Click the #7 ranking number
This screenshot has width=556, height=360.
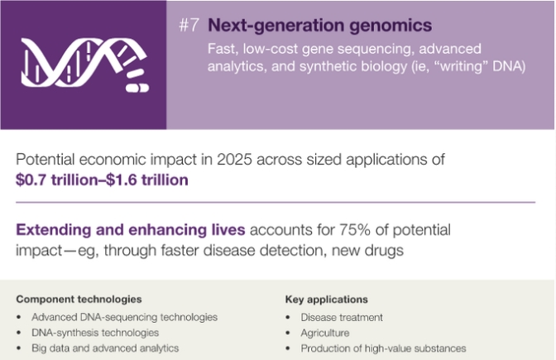tap(189, 25)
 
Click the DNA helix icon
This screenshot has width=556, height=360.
tap(84, 65)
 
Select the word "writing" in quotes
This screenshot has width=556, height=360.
tap(461, 66)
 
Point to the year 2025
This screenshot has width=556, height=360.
tap(234, 159)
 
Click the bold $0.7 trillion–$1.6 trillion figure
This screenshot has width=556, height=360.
tap(102, 180)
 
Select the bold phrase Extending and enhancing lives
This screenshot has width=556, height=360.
tap(131, 230)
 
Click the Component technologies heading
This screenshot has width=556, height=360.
tap(79, 300)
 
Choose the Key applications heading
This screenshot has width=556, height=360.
tap(327, 300)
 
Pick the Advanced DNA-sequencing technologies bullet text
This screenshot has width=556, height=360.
tap(124, 317)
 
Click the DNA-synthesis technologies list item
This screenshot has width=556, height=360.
tap(95, 333)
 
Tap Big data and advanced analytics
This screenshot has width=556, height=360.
tap(105, 348)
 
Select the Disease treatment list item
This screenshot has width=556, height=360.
tap(342, 317)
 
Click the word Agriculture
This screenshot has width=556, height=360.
tap(325, 333)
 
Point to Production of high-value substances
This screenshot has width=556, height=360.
tap(384, 348)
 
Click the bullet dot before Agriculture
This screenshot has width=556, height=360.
tap(288, 333)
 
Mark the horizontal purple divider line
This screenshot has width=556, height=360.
tap(276, 202)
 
